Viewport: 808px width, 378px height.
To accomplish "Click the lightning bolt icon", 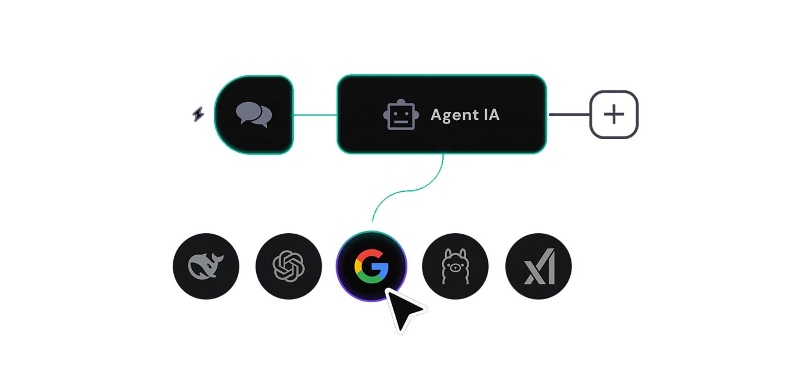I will tap(198, 114).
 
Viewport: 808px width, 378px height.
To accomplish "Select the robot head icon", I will tap(401, 115).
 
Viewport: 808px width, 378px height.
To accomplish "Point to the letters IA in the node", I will tap(491, 114).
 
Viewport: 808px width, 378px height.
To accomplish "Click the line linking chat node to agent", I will tap(315, 115).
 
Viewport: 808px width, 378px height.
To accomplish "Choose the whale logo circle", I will tap(206, 266).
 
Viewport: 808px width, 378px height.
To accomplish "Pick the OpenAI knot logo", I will tap(288, 266).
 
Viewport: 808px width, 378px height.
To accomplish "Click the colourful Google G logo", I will tap(371, 266).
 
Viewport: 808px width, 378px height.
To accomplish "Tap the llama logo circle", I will tap(455, 266).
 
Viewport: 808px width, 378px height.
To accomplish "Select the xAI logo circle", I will tap(538, 266).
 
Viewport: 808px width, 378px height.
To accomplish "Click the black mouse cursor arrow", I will tap(403, 310).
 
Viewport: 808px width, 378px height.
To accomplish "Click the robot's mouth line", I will tap(401, 122).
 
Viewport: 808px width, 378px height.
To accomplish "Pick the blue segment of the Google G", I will tap(383, 269).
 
